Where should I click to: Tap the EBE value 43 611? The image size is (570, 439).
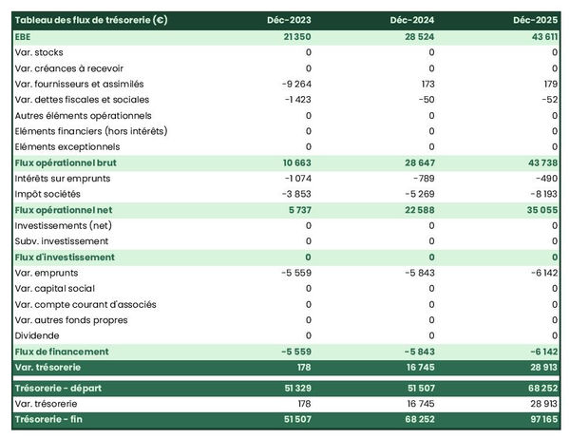(x=538, y=36)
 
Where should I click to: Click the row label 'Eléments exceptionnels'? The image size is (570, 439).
(x=67, y=147)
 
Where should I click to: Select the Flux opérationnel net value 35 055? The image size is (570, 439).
(x=538, y=210)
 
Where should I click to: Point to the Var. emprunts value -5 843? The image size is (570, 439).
(x=416, y=273)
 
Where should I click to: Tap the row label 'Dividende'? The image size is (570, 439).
(x=38, y=335)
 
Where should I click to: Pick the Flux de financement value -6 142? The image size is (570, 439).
(x=540, y=352)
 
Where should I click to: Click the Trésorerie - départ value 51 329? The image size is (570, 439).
(x=294, y=388)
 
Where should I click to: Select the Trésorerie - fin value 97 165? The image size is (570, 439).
(x=538, y=419)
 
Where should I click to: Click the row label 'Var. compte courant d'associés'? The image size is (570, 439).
(x=86, y=304)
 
